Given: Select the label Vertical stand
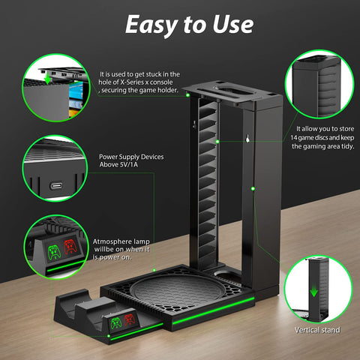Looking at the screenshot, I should [316, 330].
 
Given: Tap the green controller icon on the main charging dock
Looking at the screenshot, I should [115, 322].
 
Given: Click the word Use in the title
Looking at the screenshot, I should [232, 25].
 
